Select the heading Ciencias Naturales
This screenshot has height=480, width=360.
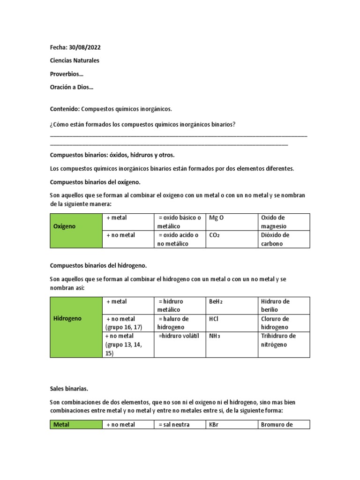[x=75, y=60]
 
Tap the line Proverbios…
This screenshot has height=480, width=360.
[x=67, y=74]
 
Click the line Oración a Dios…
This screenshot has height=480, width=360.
[x=71, y=87]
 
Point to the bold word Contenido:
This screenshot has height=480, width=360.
[x=65, y=109]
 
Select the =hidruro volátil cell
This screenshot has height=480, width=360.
[x=179, y=336]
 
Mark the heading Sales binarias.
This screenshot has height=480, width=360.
[x=69, y=389]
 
